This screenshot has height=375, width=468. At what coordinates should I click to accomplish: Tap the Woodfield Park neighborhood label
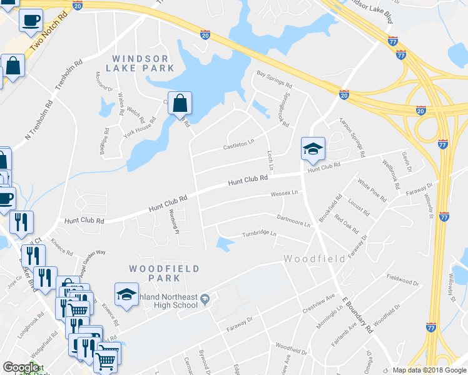pos(164,274)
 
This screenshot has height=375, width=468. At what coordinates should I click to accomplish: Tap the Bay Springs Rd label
pos(275,79)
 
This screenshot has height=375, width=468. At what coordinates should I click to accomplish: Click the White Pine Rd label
pos(372,190)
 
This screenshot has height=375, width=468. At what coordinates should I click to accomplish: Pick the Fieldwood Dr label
pos(402,279)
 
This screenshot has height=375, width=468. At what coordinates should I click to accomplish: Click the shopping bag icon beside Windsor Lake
pos(180,104)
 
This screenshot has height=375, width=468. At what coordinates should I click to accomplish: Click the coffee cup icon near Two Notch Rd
pos(31,21)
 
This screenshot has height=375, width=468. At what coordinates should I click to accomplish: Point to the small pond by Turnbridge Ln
pos(223,244)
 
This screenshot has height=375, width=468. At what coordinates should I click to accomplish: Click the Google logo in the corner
pos(21,367)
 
